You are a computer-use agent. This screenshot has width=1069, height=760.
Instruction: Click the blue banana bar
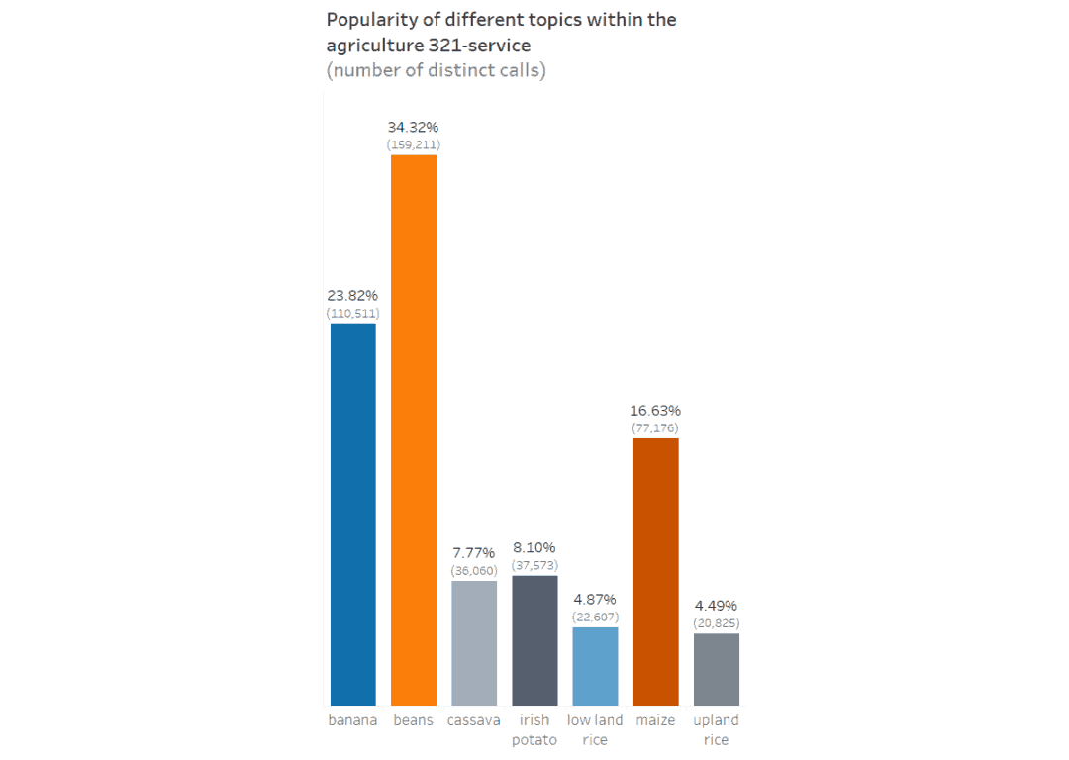pos(352,514)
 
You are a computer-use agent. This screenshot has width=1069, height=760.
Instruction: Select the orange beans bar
pos(414,429)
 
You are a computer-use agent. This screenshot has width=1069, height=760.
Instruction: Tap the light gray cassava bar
pos(474,642)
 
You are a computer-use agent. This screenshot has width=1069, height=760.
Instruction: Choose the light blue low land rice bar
pos(595,666)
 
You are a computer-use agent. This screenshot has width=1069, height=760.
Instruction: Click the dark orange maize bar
pos(655,571)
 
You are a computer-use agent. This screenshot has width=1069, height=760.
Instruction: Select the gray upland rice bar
pos(716,669)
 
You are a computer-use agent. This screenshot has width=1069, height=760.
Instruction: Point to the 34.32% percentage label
pos(414,128)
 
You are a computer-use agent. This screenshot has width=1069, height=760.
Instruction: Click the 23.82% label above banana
pos(352,296)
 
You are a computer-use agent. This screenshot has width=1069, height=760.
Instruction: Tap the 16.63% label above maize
pos(655,411)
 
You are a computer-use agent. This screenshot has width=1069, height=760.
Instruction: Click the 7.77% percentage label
pos(474,553)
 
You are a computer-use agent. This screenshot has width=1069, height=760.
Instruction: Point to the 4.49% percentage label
pos(716,606)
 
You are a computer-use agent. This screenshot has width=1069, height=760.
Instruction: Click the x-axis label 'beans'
pos(414,720)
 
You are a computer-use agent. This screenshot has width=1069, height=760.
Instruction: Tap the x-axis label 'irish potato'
pos(534,730)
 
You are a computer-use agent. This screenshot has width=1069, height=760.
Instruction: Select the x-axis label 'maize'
pos(655,720)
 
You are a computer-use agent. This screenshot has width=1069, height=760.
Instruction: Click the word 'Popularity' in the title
pos(369,20)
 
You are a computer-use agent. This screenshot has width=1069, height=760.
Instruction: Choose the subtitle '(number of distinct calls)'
pos(436,70)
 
